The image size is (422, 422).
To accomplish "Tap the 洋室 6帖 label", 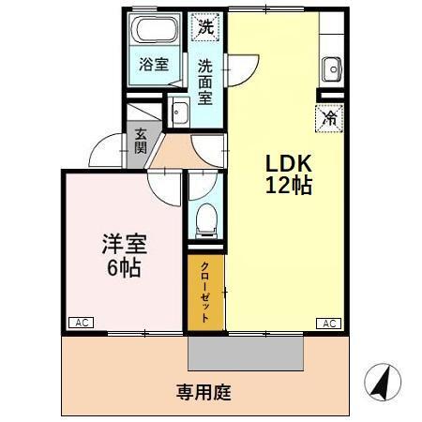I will pyautogui.click(x=122, y=255).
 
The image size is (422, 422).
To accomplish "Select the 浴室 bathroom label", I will pyautogui.click(x=154, y=65).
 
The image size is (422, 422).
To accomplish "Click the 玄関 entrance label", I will pyautogui.click(x=140, y=141).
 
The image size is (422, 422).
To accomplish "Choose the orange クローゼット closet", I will pyautogui.click(x=205, y=293).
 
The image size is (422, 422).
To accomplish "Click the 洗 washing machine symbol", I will pyautogui.click(x=204, y=26).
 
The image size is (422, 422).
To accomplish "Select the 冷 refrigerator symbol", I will pyautogui.click(x=330, y=119).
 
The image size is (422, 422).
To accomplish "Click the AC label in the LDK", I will pyautogui.click(x=329, y=323).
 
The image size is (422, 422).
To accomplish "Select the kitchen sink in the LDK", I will pyautogui.click(x=331, y=68).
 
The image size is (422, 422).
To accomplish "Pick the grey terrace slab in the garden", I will pyautogui.click(x=246, y=354).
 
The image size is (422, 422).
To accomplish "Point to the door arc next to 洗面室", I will pyautogui.click(x=241, y=68).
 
